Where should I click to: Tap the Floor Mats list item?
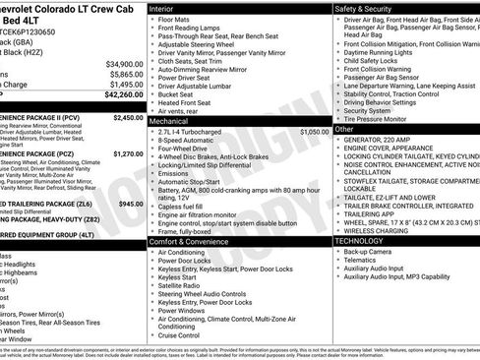177,19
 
